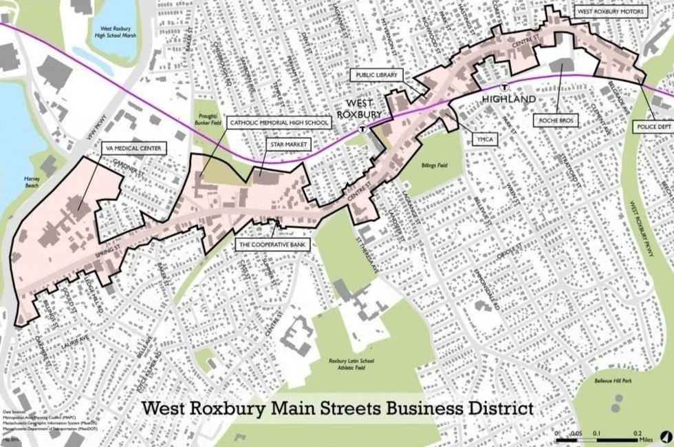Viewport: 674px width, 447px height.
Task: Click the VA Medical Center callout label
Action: point(131,147)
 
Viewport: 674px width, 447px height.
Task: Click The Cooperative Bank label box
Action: point(272,244)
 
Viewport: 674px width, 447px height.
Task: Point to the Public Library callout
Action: point(377,74)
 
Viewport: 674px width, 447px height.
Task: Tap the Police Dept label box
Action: point(651,128)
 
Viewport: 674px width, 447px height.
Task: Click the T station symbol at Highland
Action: point(504,87)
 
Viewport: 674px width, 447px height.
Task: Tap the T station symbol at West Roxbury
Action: point(362,128)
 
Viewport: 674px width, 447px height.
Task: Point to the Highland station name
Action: point(509,100)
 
